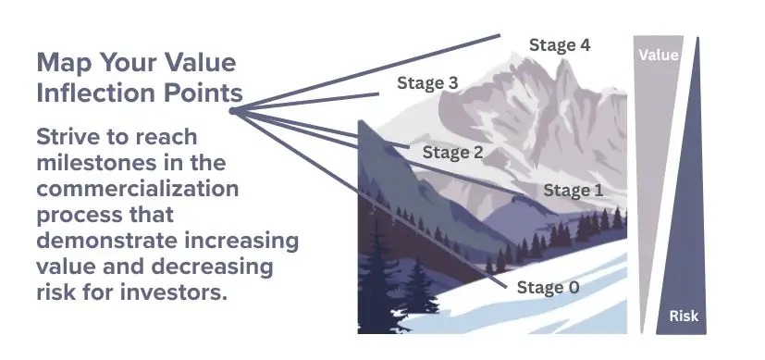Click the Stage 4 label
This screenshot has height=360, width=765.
coord(559,43)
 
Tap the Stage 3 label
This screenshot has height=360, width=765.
coord(427,82)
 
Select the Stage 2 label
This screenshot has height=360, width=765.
coord(452,152)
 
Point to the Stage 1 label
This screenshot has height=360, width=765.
coord(573,191)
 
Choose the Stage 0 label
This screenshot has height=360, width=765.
coord(549,288)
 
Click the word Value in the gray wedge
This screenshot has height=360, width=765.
coord(659,56)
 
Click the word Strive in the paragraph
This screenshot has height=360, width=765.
coord(68,137)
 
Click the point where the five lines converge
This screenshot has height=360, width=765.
coord(231,110)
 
